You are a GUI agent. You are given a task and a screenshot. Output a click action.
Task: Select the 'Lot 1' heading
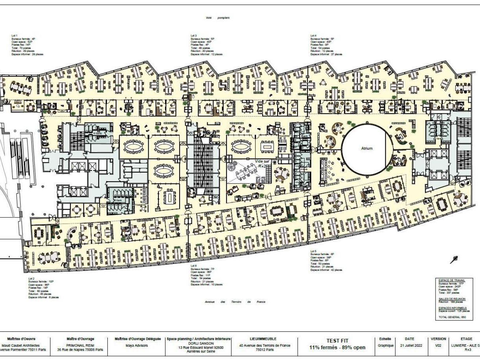coord(15,36)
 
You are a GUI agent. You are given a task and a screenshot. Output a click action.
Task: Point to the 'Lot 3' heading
coord(194,36)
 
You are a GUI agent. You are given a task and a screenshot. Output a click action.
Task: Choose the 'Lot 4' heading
coord(313,36)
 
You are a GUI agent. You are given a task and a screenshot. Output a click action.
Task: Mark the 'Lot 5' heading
coord(313,251)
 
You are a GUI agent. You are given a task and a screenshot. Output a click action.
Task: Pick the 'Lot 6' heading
coord(194,266)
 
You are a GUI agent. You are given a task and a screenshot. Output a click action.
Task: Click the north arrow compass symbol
coord(454,259)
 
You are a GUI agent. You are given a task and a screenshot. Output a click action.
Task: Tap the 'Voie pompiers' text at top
coord(217,18)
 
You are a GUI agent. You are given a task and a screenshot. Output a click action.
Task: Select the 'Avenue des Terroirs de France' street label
coord(235,302)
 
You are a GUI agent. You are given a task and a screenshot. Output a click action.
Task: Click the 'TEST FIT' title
coord(337,341)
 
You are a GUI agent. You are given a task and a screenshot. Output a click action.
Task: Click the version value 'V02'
coord(438,345)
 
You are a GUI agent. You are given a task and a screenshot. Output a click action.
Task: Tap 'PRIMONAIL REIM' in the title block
coord(80,345)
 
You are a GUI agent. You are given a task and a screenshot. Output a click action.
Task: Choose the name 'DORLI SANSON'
coord(199,343)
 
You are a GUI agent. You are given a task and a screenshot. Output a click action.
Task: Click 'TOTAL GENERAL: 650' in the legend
coord(452,317)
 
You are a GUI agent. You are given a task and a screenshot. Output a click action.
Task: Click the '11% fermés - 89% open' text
coord(337,347)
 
